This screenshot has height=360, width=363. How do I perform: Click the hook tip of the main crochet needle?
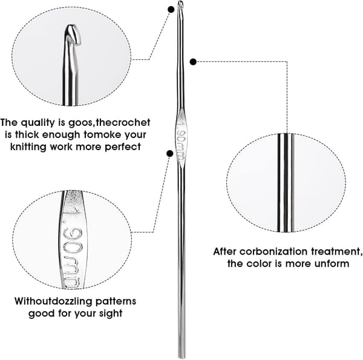(180, 4)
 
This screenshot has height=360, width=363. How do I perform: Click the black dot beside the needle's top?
(171, 9)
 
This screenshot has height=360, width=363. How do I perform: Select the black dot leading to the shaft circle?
(193, 62)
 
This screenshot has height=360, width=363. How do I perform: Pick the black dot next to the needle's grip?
(170, 153)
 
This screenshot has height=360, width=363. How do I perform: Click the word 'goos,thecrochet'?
(110, 123)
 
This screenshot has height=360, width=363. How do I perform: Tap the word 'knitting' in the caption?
(28, 147)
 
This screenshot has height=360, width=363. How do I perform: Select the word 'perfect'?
(123, 147)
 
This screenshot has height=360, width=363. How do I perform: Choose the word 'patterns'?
(116, 301)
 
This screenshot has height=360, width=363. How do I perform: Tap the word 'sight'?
(111, 313)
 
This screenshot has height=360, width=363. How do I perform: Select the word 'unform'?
(332, 264)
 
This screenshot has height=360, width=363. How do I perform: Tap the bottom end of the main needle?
(181, 358)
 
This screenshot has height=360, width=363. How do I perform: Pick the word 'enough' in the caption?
(61, 135)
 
